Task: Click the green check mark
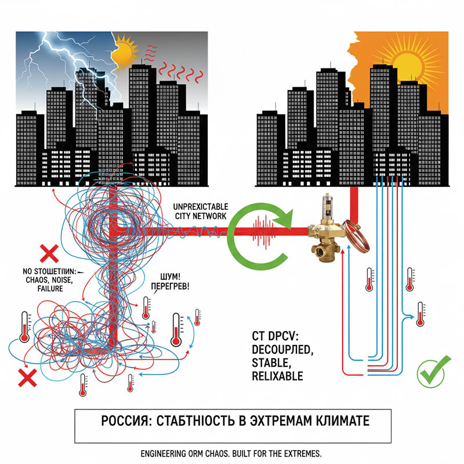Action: pos(430,372)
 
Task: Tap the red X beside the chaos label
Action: pos(49,253)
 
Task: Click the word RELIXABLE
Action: pos(277,376)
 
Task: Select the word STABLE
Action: pos(271,363)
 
